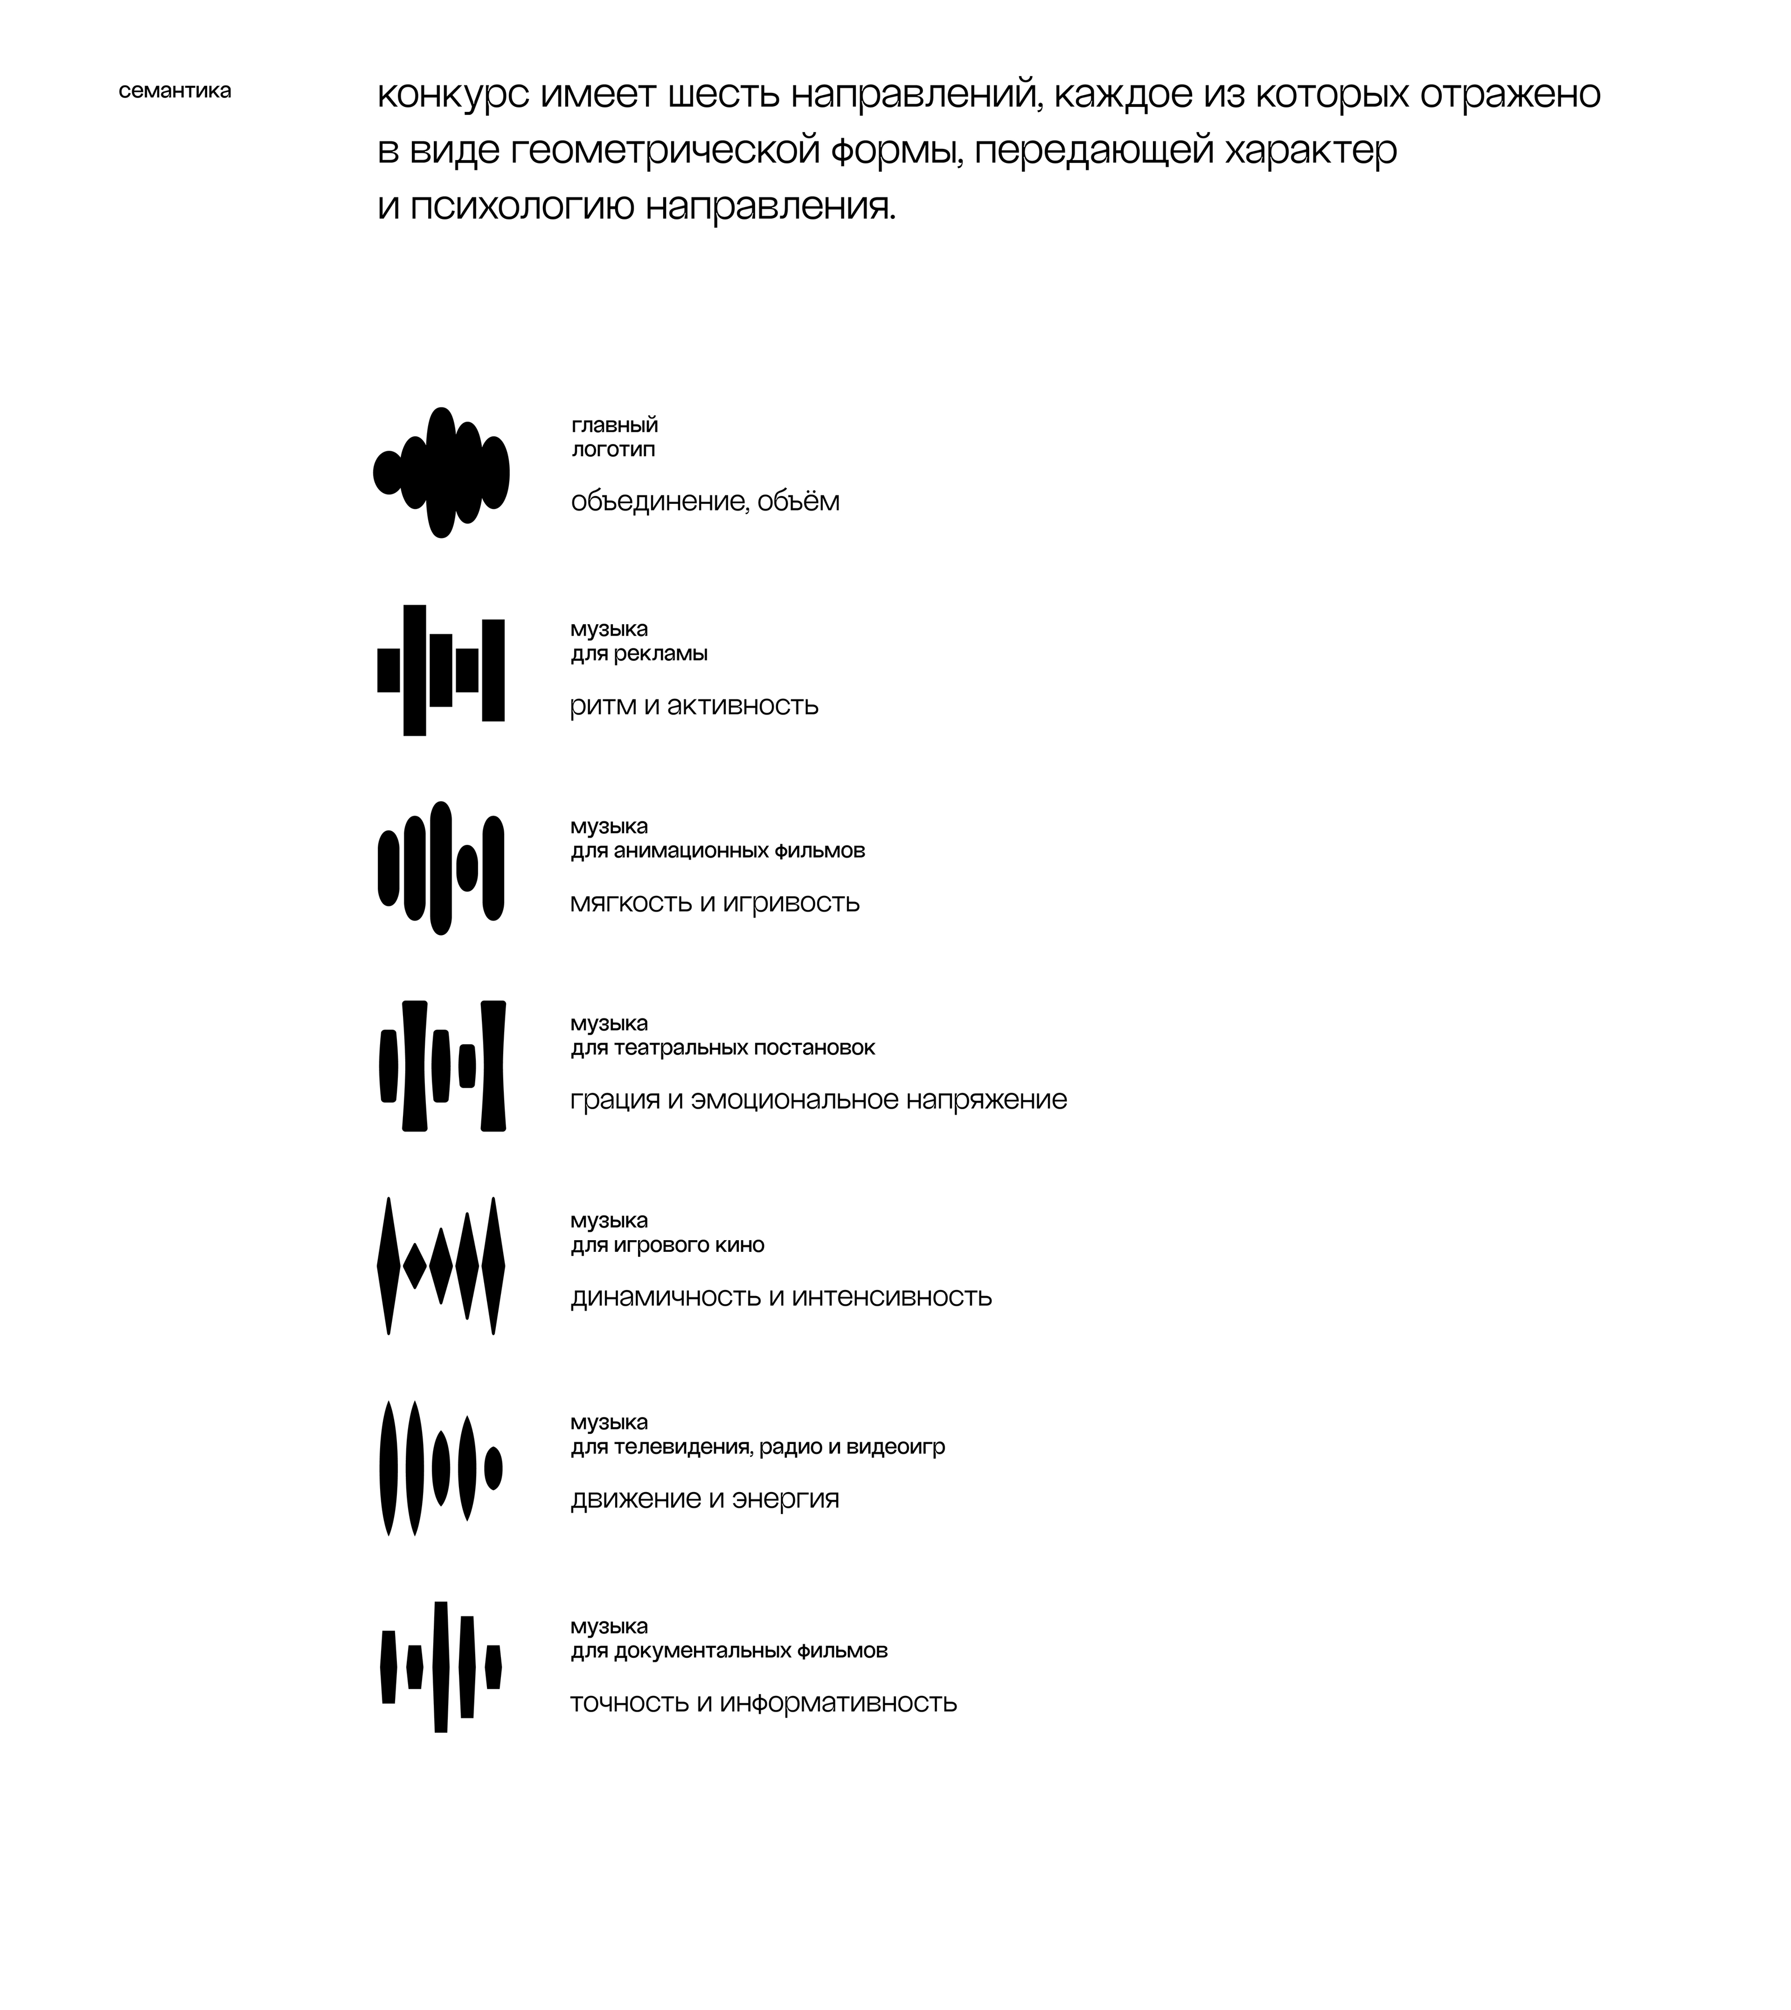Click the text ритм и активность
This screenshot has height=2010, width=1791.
point(694,706)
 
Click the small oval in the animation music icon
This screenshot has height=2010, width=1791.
point(467,868)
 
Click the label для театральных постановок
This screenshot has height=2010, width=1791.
point(723,1048)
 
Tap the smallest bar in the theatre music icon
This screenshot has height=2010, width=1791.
point(467,1066)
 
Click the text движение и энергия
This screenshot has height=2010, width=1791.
point(705,1499)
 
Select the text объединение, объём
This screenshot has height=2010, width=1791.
point(705,502)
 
